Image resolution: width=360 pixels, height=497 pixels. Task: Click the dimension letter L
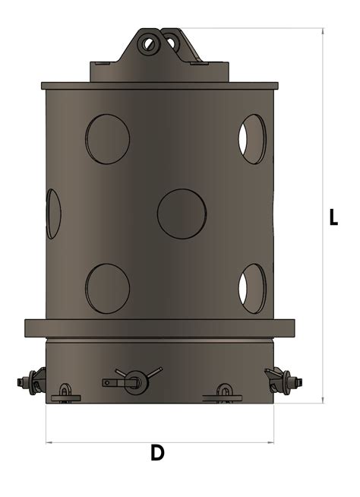coord(333,217)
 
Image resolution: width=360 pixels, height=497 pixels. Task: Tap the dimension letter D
coord(157,454)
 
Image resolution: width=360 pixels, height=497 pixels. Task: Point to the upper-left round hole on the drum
coord(107,139)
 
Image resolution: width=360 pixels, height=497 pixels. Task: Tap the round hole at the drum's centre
coord(182,214)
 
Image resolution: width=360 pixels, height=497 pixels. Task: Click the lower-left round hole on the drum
coord(107,288)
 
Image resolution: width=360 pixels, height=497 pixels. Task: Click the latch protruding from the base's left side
coord(32,380)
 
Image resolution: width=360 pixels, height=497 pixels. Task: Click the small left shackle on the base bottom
coord(66,392)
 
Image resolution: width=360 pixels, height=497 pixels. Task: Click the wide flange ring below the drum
coord(159,328)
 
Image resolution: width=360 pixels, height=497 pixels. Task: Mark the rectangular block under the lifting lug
coord(159,71)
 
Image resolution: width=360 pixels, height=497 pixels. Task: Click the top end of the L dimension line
coord(324,29)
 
